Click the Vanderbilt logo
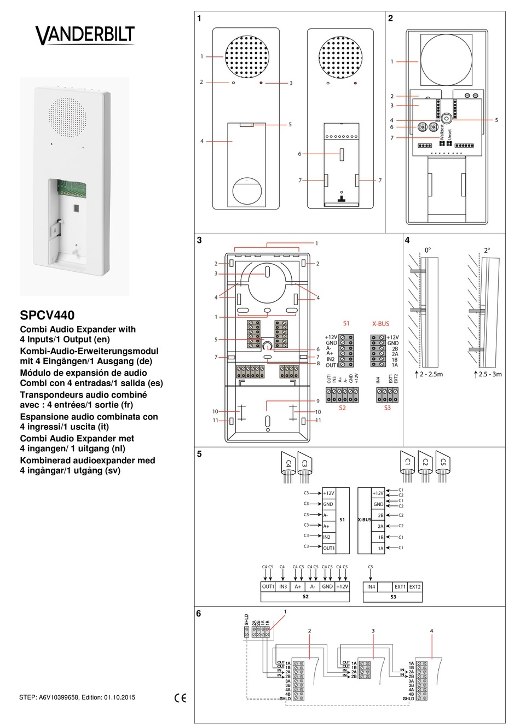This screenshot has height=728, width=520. [x=84, y=36]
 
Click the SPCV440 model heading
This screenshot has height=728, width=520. [x=47, y=316]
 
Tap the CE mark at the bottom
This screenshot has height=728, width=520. [x=180, y=698]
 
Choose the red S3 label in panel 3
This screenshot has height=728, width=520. [x=387, y=407]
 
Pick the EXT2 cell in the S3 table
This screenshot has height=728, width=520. [x=415, y=587]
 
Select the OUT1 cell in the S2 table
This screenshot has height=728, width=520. [x=268, y=587]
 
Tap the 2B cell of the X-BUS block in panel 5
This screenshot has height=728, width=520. [x=378, y=515]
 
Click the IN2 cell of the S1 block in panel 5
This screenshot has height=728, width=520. [x=328, y=537]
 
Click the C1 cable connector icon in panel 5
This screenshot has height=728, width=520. [x=407, y=462]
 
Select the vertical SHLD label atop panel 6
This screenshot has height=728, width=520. [x=246, y=620]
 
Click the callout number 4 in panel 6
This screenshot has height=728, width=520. [x=432, y=631]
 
